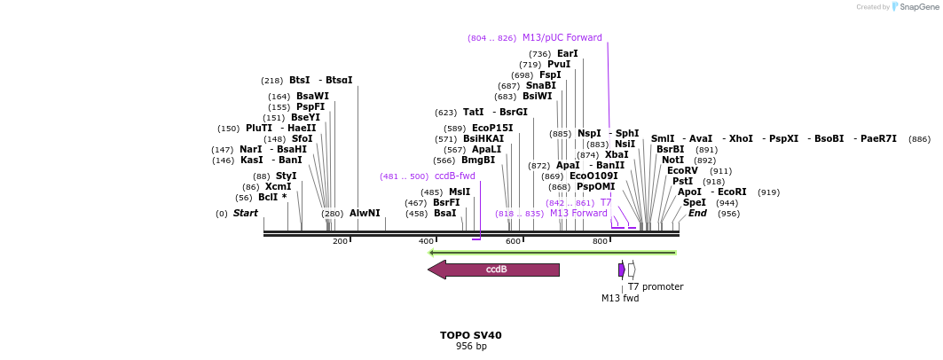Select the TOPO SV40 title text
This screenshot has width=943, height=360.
click(x=470, y=336)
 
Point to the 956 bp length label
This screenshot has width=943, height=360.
click(x=470, y=347)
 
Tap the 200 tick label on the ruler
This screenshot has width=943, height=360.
click(x=340, y=241)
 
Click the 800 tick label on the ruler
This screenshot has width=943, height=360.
click(x=601, y=241)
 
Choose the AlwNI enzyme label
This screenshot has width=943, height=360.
click(x=364, y=214)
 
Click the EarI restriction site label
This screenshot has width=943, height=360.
click(x=567, y=54)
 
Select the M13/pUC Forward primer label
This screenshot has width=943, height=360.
click(x=562, y=38)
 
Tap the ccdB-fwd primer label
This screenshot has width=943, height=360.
click(x=454, y=176)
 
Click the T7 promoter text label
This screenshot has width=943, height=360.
click(x=656, y=286)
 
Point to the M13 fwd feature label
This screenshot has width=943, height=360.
click(x=619, y=298)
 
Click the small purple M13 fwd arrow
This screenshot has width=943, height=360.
click(x=622, y=270)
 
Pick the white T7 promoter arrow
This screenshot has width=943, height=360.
click(x=632, y=270)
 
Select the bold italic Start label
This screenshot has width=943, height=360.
click(x=245, y=214)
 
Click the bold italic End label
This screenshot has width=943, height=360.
click(x=697, y=214)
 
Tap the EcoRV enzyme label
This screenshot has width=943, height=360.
click(x=682, y=171)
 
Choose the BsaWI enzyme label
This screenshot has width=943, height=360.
click(x=312, y=97)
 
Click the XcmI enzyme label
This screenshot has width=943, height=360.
click(x=278, y=187)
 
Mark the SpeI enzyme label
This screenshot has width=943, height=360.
click(x=694, y=203)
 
